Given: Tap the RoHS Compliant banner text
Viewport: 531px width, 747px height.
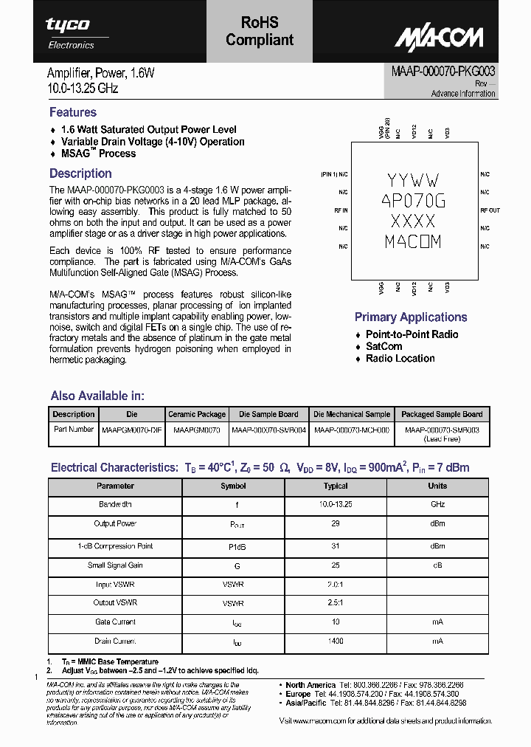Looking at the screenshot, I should click(260, 32).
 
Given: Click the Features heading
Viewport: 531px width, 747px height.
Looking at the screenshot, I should click(73, 112).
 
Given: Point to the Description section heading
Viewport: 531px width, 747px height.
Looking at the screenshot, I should click(80, 173).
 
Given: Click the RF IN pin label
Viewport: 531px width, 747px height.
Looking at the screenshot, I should click(341, 210).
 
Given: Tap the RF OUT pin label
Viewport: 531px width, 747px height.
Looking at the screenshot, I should click(490, 210).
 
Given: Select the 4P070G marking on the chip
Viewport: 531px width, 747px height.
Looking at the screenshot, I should click(413, 200).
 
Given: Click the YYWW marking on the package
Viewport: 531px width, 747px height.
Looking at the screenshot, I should click(413, 180).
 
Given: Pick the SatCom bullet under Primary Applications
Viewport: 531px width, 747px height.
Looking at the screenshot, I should click(384, 346).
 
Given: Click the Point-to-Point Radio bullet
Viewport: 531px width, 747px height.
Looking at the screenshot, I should click(412, 334).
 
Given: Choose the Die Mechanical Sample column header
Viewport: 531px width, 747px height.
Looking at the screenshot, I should click(351, 414).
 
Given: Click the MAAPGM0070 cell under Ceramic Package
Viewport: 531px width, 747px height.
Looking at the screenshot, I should click(196, 429).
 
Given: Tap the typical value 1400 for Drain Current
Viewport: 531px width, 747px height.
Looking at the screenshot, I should click(336, 641).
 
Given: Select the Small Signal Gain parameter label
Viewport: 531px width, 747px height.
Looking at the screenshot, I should click(115, 565).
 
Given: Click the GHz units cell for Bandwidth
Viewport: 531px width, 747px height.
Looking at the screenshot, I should click(437, 504).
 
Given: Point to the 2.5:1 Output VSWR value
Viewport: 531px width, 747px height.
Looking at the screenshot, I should click(336, 603).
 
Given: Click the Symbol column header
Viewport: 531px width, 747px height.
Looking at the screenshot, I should click(233, 486).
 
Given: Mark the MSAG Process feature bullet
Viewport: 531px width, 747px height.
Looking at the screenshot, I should click(98, 154).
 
